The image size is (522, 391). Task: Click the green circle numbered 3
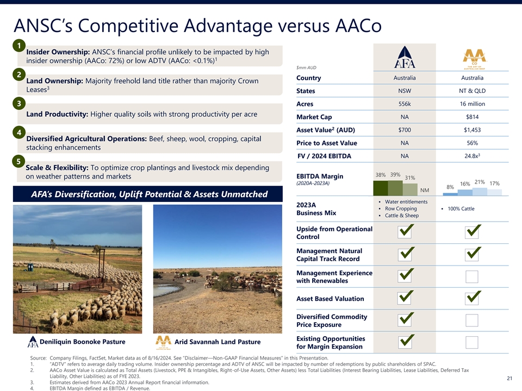(x=19, y=103)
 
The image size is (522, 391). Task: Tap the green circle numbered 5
(x=18, y=162)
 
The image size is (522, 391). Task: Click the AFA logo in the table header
(x=405, y=57)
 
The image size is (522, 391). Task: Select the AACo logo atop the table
(x=474, y=59)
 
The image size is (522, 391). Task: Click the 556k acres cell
(x=405, y=104)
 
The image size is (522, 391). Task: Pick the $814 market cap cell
(x=472, y=117)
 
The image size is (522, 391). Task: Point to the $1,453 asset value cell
(x=472, y=130)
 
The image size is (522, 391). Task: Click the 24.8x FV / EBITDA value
(x=472, y=156)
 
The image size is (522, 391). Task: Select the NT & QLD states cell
(x=472, y=91)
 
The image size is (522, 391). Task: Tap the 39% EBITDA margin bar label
(x=395, y=174)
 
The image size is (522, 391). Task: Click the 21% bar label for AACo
(x=480, y=182)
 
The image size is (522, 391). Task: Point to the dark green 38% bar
(x=381, y=188)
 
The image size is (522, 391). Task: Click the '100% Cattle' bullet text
(x=461, y=209)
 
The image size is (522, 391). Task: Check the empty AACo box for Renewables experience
(x=472, y=276)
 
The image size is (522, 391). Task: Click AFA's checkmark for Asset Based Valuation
(x=406, y=297)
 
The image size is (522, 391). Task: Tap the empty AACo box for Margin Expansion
(x=472, y=342)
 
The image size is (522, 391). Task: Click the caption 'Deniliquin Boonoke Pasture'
(x=83, y=342)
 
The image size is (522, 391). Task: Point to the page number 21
(x=509, y=378)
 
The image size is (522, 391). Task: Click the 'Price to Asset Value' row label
(x=327, y=143)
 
